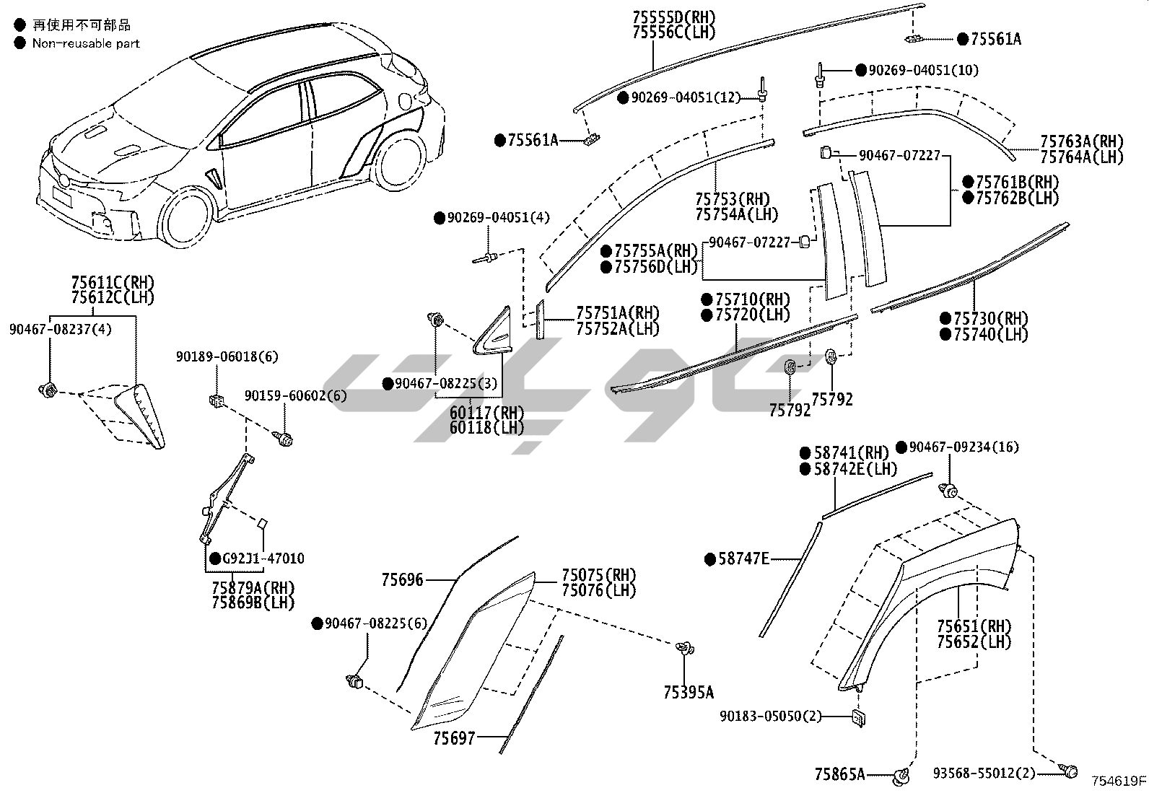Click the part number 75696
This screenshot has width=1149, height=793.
coord(402,579)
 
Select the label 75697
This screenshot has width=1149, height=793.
coord(454,738)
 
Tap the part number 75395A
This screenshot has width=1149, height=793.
coord(688,693)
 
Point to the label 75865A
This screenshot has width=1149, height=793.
coord(839,774)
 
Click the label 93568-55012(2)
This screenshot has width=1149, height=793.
coord(983,774)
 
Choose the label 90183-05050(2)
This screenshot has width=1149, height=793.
coord(771,716)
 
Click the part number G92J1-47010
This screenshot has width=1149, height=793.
coord(263,558)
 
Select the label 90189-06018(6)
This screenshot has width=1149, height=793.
coord(227,356)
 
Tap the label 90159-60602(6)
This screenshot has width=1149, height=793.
coord(295,396)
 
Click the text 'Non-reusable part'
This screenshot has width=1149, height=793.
coord(86,43)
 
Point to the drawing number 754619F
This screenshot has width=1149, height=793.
coord(1118,781)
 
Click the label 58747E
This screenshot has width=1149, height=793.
coord(744,558)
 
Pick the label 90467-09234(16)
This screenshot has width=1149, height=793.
coord(964,447)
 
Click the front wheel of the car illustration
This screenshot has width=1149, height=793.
coord(188,216)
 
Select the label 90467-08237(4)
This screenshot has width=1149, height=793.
coord(61,329)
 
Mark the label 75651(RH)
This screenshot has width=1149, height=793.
coord(974,626)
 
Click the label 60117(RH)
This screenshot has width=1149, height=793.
coord(487,412)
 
